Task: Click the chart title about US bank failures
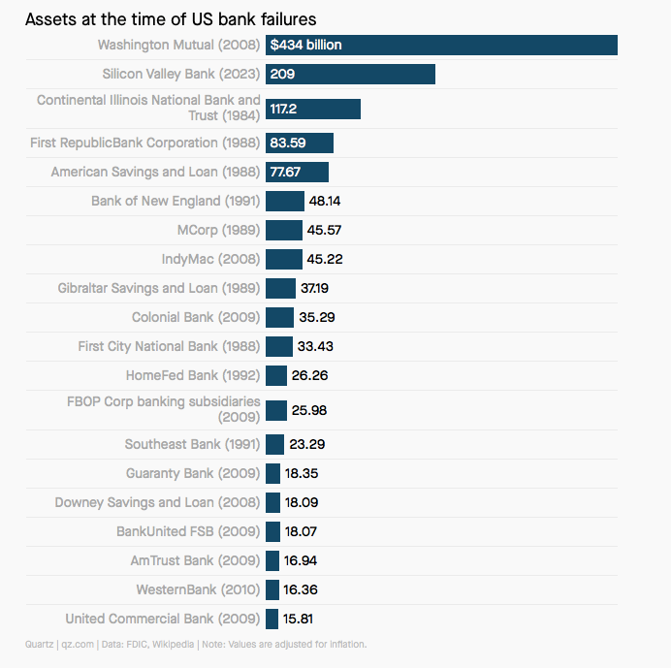[171, 19]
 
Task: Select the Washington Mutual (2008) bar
[441, 45]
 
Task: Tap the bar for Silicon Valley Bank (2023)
[350, 74]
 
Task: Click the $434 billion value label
[305, 45]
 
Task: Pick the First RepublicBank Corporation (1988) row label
[145, 143]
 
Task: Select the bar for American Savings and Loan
[297, 172]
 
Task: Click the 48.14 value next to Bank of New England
[325, 201]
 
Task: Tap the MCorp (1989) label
[218, 230]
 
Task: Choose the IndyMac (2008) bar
[283, 259]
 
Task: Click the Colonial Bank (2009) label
[196, 317]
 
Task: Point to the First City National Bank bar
[278, 346]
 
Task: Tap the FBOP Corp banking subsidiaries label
[163, 408]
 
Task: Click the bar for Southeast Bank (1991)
[274, 444]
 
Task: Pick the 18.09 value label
[303, 502]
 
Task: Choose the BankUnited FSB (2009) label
[188, 531]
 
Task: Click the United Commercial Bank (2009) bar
[272, 619]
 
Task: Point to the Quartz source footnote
[196, 644]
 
